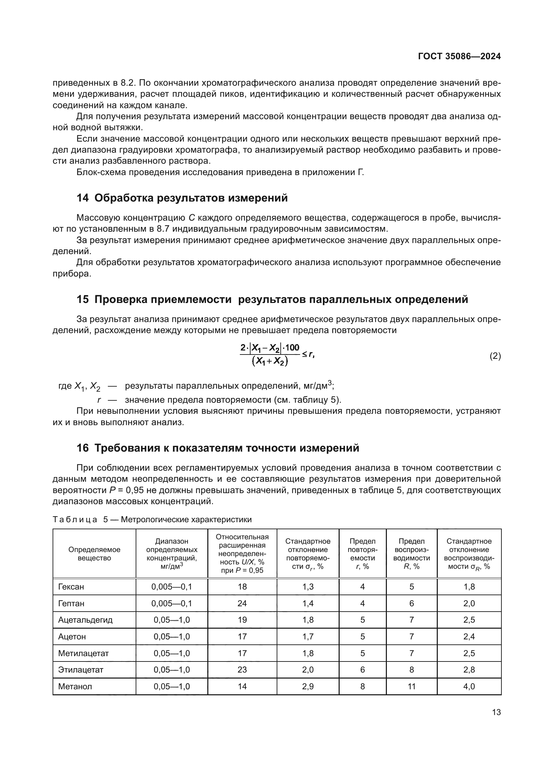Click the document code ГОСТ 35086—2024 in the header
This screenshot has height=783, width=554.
click(459, 57)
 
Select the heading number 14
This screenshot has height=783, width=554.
click(82, 198)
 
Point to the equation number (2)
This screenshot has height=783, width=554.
click(495, 356)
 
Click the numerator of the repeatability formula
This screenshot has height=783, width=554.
click(270, 347)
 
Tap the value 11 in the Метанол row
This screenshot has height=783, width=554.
click(411, 687)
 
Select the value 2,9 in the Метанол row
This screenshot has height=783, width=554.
click(308, 687)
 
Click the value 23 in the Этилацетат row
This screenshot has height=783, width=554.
click(242, 670)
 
